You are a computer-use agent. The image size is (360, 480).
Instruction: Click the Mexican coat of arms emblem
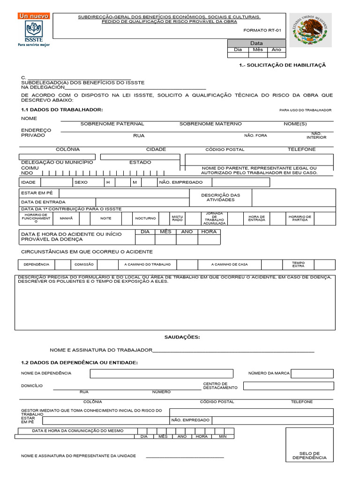click(309, 30)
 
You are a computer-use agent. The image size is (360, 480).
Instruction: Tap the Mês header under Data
click(257, 49)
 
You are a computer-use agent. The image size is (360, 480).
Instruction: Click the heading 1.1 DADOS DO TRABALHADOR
click(61, 110)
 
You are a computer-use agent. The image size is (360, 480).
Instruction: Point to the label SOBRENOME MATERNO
click(210, 124)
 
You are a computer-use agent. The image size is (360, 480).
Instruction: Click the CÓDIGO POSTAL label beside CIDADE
click(225, 150)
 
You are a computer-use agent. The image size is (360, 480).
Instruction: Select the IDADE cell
click(29, 182)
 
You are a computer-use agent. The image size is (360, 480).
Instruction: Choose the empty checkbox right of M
click(149, 182)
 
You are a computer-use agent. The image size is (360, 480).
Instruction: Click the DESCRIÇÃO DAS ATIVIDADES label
click(220, 197)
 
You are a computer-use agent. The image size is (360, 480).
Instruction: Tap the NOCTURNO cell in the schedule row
click(145, 218)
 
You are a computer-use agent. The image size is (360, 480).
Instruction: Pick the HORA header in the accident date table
click(209, 232)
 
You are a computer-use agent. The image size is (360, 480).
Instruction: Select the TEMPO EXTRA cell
click(298, 264)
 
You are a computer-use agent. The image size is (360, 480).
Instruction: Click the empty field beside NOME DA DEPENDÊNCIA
click(161, 373)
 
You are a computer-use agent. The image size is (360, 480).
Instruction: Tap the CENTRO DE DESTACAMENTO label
click(220, 386)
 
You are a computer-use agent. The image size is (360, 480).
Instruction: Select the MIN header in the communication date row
click(223, 436)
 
